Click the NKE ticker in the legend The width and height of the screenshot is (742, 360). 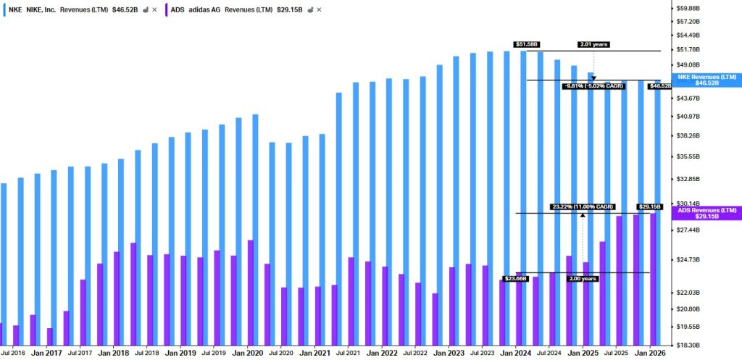pos(16,9)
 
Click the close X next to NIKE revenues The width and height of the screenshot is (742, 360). pos(154,9)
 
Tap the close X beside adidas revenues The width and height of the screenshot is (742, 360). pos(319,9)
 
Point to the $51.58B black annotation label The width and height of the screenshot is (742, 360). pos(526,44)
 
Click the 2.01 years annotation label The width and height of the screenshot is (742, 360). pos(593,44)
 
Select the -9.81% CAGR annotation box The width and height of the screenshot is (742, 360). pos(593,86)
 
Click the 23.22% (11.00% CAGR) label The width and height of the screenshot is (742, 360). pos(583,206)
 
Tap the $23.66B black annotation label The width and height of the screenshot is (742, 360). pos(515,279)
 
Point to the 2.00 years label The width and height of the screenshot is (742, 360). pos(583,279)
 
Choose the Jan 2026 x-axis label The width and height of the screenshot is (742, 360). pos(650,353)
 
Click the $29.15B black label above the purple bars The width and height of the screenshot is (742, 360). pos(650,206)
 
